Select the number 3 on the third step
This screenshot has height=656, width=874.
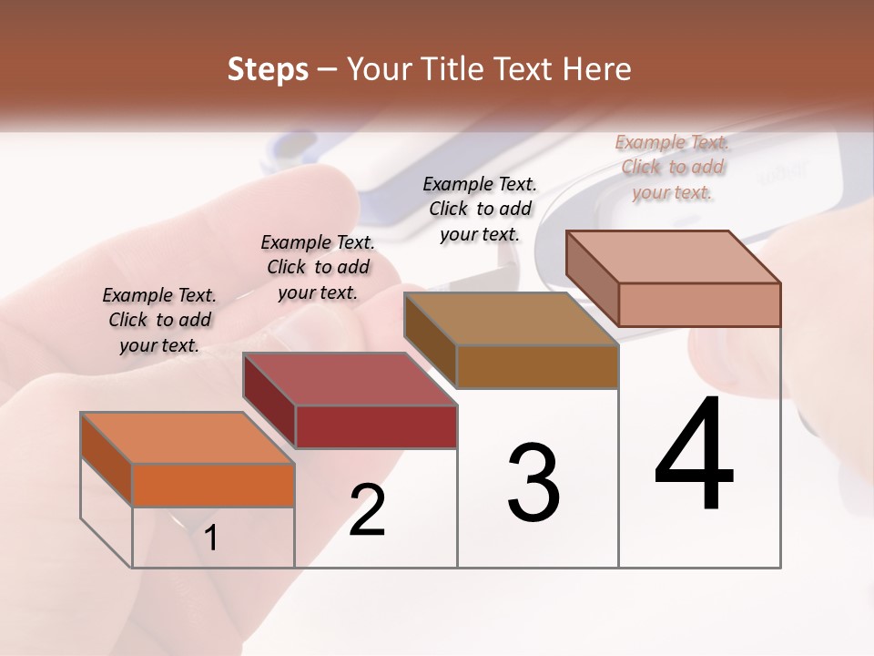tap(534, 483)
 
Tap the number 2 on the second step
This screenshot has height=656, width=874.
tap(368, 510)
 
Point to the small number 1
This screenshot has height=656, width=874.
tap(211, 538)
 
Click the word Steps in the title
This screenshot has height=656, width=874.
tap(268, 69)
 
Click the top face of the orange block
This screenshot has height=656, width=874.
tap(188, 438)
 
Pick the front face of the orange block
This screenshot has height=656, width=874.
tap(213, 485)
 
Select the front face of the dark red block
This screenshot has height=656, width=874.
tap(376, 426)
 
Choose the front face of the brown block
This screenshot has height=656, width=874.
tap(537, 366)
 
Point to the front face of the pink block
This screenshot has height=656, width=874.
tap(699, 304)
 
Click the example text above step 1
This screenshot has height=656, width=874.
tap(159, 320)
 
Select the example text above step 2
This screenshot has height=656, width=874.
tap(318, 267)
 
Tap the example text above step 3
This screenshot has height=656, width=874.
tap(480, 209)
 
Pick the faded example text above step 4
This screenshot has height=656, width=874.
tap(672, 167)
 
